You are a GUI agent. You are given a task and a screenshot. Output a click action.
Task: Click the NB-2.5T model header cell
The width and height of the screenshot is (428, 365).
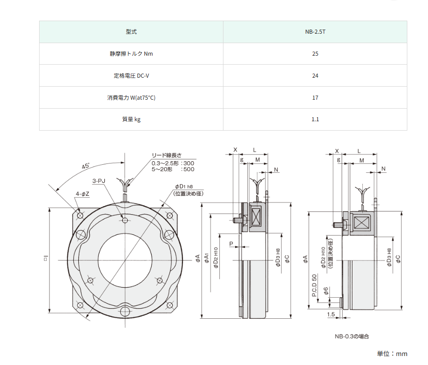click(x=315, y=32)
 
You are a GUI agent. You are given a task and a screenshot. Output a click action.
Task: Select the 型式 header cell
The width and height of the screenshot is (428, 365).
click(x=131, y=32)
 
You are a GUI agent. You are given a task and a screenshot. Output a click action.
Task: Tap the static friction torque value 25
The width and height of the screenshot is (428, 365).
click(x=315, y=54)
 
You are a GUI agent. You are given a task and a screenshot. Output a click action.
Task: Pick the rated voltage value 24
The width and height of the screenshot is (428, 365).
click(x=315, y=76)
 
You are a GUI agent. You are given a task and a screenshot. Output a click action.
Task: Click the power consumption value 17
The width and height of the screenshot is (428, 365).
click(x=315, y=98)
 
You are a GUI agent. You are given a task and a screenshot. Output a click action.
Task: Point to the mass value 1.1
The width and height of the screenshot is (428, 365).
click(x=315, y=119)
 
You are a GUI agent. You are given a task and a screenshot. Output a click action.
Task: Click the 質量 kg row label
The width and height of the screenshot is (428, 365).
click(x=131, y=119)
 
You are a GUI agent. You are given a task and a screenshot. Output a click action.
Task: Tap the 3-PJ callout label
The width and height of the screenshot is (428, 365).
click(x=99, y=181)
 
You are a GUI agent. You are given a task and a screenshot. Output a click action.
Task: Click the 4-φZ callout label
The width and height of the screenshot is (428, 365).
click(x=82, y=194)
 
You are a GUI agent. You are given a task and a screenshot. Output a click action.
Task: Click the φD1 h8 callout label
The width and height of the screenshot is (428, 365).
click(x=184, y=187)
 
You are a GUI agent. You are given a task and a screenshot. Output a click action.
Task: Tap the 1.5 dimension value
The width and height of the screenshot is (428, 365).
click(x=331, y=314)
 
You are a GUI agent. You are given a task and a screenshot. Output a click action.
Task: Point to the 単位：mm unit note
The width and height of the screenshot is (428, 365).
click(x=392, y=354)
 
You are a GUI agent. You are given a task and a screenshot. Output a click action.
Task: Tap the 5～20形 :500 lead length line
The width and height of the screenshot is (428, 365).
click(x=173, y=169)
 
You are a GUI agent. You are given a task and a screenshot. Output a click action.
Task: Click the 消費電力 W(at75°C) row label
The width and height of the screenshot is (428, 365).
click(x=131, y=98)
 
